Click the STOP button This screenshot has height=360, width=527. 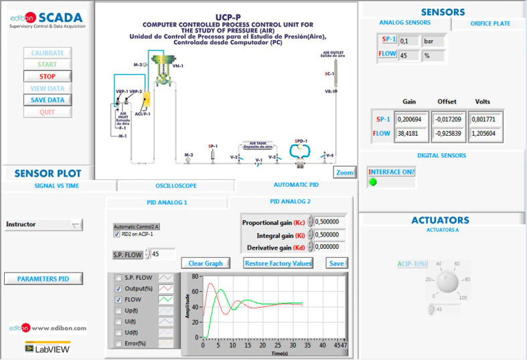47,76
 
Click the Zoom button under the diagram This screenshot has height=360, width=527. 344,173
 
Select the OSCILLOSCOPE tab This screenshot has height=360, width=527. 176,186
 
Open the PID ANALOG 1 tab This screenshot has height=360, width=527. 167,202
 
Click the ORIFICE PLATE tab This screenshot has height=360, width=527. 490,23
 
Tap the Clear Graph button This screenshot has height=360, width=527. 205,263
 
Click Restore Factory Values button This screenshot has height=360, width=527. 278,263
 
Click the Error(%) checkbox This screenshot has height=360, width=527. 119,343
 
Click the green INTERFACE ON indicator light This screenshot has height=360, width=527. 373,182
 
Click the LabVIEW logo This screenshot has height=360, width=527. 48,348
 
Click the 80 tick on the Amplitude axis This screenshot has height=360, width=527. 195,276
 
